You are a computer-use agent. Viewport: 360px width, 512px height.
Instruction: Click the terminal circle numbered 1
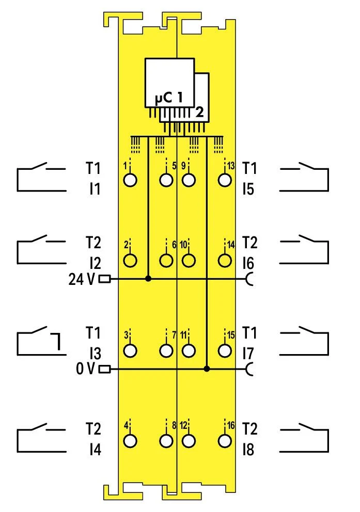(131, 180)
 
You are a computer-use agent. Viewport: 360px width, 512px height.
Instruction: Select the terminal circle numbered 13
(224, 180)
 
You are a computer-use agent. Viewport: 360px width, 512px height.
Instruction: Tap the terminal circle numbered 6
(166, 260)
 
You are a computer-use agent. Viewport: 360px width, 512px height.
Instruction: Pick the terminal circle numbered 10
(189, 260)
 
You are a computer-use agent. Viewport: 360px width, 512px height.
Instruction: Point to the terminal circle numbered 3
(131, 350)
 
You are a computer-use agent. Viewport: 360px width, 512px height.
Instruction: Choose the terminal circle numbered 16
(224, 441)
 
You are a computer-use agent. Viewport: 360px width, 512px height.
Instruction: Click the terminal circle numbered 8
(166, 441)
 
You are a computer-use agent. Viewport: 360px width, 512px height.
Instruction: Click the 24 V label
(82, 279)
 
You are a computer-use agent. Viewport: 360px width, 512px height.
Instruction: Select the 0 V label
(86, 369)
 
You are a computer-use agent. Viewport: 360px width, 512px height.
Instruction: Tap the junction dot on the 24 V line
(149, 279)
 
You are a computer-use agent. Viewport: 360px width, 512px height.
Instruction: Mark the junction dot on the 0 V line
(207, 369)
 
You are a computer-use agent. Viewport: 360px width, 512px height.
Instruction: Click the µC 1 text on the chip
(169, 97)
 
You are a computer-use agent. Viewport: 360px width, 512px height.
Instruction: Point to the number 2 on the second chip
(199, 112)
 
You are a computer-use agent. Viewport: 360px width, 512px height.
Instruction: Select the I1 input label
(93, 189)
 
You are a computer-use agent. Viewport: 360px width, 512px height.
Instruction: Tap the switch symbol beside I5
(304, 179)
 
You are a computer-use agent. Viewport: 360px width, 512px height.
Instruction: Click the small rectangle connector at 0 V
(105, 369)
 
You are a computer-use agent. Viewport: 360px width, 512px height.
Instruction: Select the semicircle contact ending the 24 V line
(251, 279)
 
